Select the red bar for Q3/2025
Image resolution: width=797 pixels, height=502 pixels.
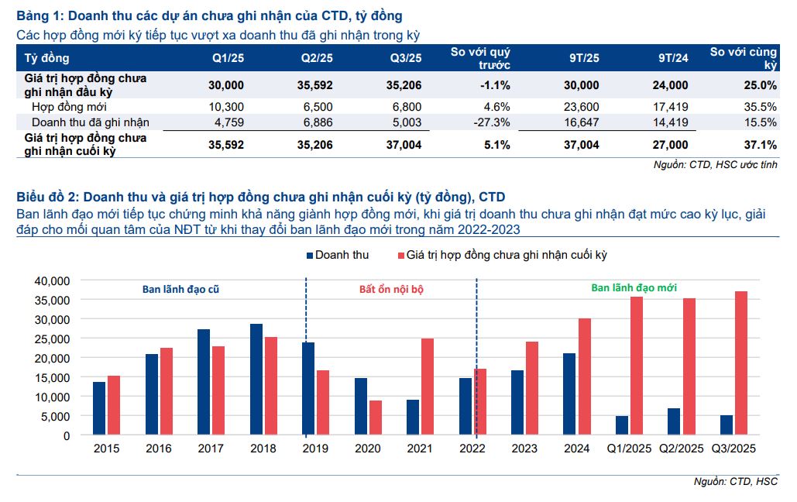[742, 363]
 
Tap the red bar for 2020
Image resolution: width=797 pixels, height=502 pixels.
[376, 418]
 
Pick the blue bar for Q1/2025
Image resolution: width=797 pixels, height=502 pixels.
[622, 425]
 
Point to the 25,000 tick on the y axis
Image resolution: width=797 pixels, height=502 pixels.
[53, 339]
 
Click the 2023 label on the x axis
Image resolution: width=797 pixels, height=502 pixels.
[524, 449]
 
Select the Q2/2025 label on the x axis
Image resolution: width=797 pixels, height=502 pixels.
[682, 449]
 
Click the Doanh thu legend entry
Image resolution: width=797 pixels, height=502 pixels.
[338, 255]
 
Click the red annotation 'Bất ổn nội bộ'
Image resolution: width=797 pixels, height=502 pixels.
[391, 289]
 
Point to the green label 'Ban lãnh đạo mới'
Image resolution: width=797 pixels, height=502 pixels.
[634, 287]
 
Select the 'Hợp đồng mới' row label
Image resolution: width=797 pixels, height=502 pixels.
[69, 107]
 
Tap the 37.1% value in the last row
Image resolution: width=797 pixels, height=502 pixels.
[760, 145]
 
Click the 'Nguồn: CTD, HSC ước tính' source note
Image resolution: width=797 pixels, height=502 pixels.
[716, 164]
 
